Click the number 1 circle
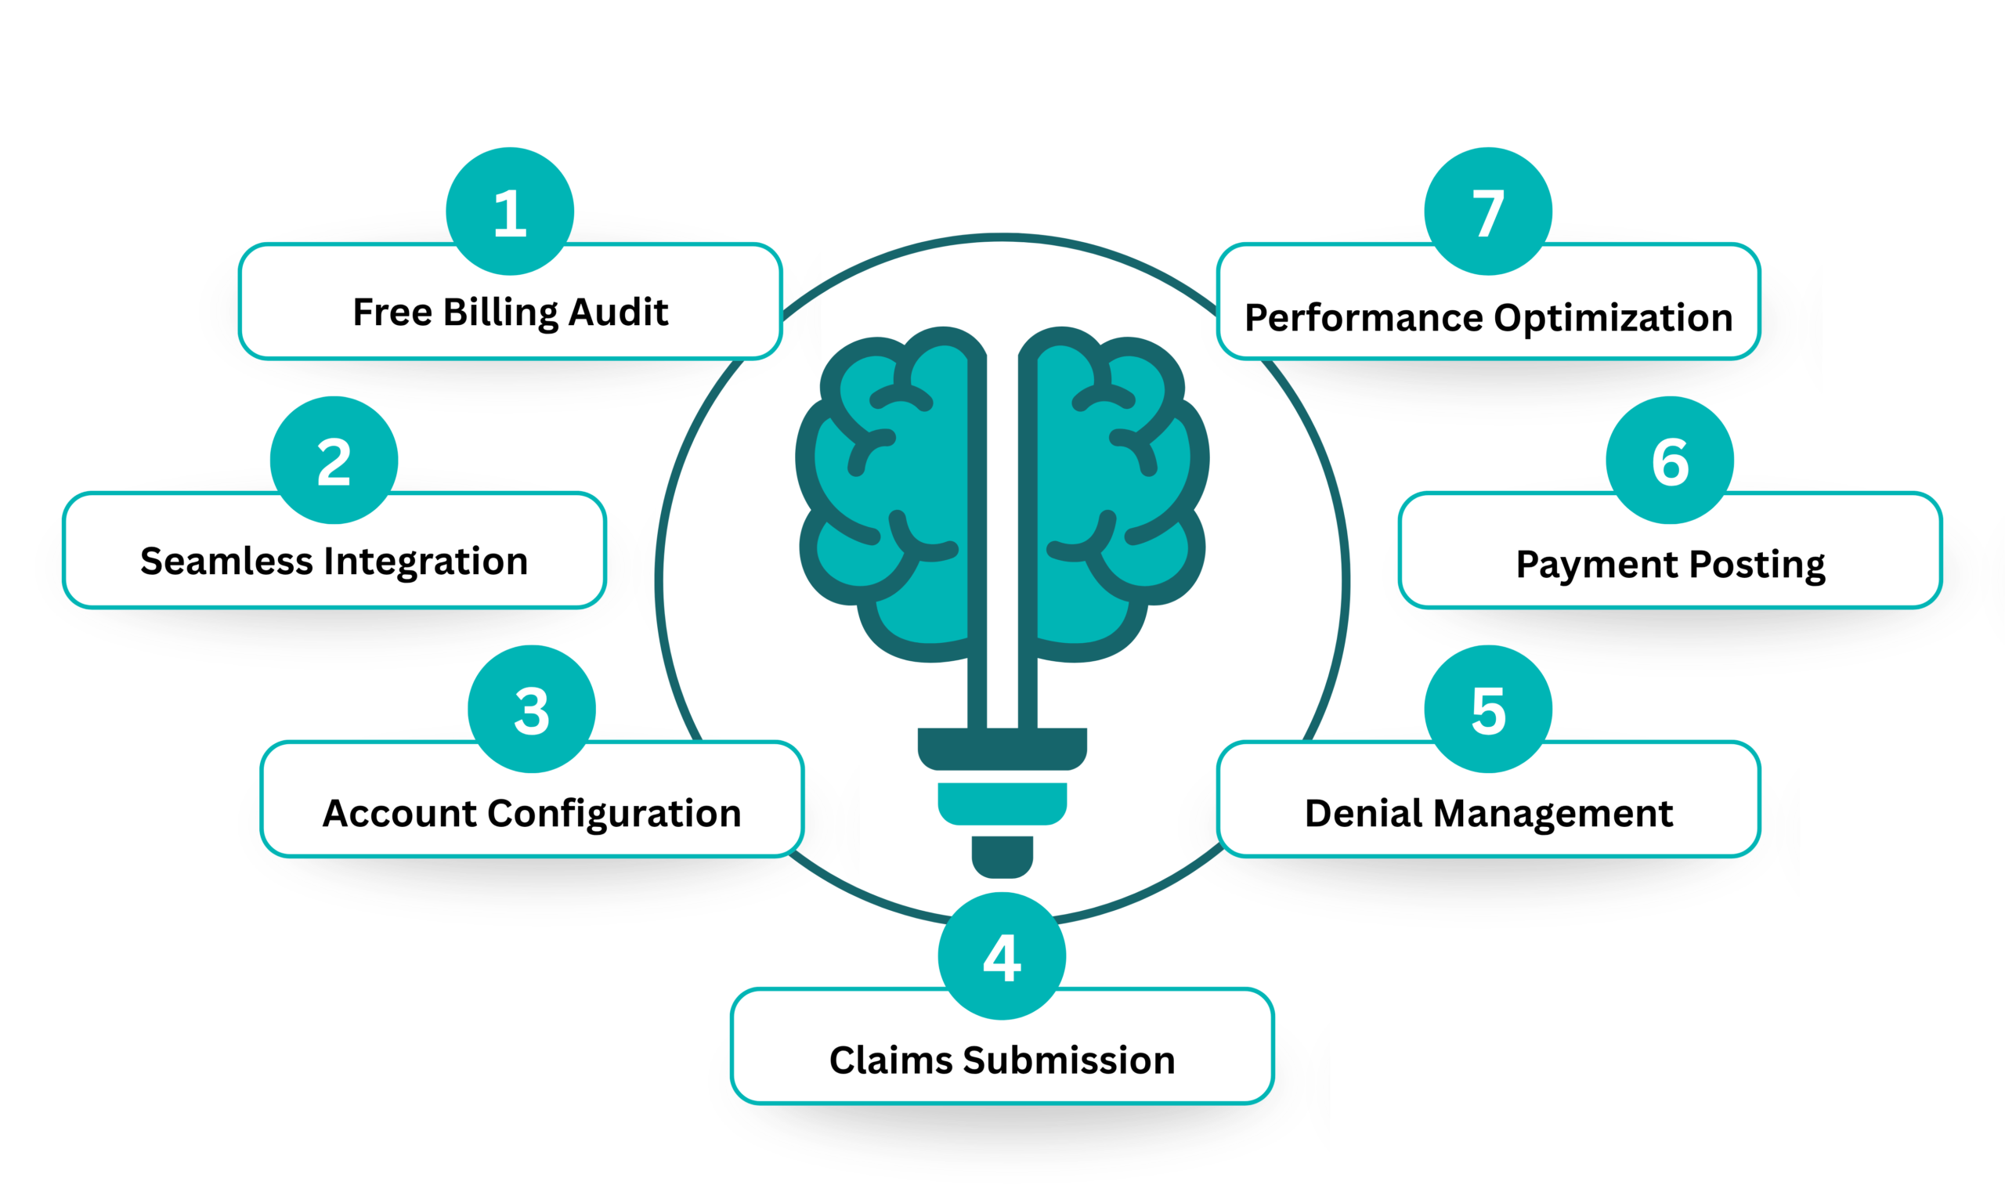pyautogui.click(x=510, y=211)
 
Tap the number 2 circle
pyautogui.click(x=334, y=461)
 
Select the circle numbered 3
pyautogui.click(x=532, y=710)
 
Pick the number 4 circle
pyautogui.click(x=1002, y=956)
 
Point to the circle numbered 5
pyautogui.click(x=1488, y=710)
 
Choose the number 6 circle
pyautogui.click(x=1670, y=461)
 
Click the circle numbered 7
pyautogui.click(x=1488, y=211)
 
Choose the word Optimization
pyautogui.click(x=1613, y=318)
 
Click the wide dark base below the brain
pyautogui.click(x=1002, y=748)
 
